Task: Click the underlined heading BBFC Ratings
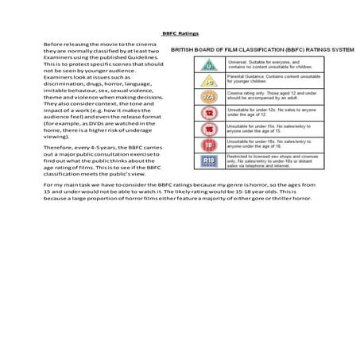[x=180, y=34]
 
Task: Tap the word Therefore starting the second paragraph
[x=58, y=146]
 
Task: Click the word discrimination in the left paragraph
[x=65, y=83]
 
